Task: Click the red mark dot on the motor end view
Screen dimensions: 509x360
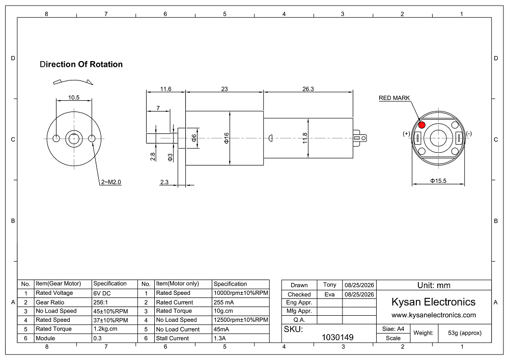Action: point(421,125)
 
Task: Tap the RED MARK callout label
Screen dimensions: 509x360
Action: point(394,98)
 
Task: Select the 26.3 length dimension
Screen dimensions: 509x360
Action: point(308,89)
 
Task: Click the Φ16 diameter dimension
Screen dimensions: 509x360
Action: point(227,138)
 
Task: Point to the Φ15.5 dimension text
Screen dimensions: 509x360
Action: point(438,181)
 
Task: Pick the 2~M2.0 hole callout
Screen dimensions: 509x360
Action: point(111,182)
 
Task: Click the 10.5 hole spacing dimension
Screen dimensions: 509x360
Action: point(74,97)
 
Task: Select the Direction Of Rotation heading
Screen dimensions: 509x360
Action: point(81,64)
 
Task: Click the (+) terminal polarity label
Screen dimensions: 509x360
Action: point(406,134)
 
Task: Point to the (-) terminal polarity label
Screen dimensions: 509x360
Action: point(469,133)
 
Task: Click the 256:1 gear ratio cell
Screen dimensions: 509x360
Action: point(101,302)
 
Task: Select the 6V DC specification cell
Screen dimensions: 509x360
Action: point(102,293)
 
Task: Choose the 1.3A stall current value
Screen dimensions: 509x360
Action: point(220,338)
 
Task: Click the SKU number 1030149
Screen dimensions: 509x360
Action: point(337,337)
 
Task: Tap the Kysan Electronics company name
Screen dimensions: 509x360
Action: point(433,302)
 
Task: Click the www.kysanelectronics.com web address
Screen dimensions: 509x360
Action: point(434,315)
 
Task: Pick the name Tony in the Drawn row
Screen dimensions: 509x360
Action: point(329,285)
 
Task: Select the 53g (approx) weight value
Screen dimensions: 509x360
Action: point(465,333)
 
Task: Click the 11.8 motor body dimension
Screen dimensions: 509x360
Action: point(305,138)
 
